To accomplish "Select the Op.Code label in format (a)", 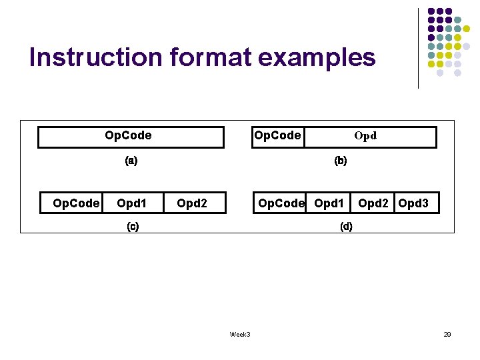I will coord(128,136).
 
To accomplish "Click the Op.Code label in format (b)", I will coord(277,136).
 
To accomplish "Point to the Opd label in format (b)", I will coord(365,136).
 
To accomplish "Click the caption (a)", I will coord(131,161).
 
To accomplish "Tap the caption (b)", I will coord(341,161).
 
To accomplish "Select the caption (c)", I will coord(133,226).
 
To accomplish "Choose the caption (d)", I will coord(346,226).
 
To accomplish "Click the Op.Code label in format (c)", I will coord(76,203).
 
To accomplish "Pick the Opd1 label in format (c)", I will coord(131,203).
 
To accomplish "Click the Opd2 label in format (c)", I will coord(192,203).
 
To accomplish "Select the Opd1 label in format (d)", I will coord(329,203).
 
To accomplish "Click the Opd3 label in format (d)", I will coord(413,203).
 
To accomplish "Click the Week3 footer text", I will coord(240,334).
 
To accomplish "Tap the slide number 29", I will coord(447,334).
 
